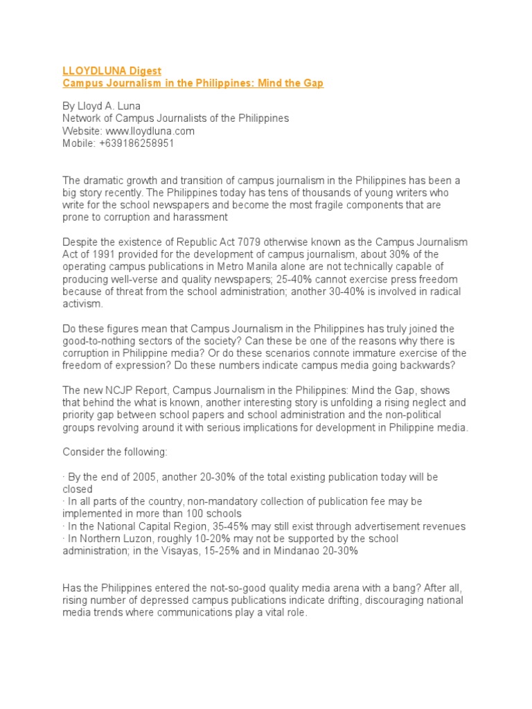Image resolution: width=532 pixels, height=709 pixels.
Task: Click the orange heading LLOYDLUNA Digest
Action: (x=112, y=71)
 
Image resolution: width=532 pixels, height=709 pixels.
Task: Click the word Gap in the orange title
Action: (x=313, y=83)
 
